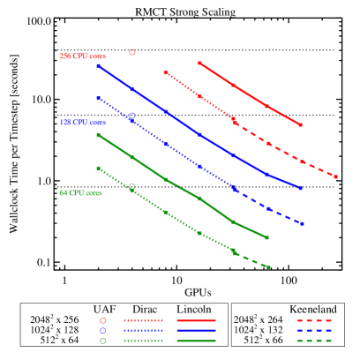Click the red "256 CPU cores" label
click(82, 56)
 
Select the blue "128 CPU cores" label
click(82, 123)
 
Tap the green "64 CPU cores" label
click(80, 193)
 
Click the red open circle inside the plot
click(132, 52)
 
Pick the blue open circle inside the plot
click(132, 116)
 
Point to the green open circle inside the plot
click(132, 186)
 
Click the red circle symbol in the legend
click(103, 320)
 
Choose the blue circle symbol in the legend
click(103, 330)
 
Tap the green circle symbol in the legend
click(103, 340)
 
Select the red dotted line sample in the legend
click(143, 320)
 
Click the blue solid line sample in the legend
click(196, 330)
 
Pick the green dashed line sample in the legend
click(314, 340)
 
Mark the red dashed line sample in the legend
click(314, 320)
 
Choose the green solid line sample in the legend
click(196, 340)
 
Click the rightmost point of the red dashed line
click(335, 176)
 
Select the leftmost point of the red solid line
click(199, 63)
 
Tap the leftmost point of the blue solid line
click(98, 65)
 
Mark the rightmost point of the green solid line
click(267, 237)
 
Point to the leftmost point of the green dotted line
click(98, 168)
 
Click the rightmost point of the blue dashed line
click(302, 223)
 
